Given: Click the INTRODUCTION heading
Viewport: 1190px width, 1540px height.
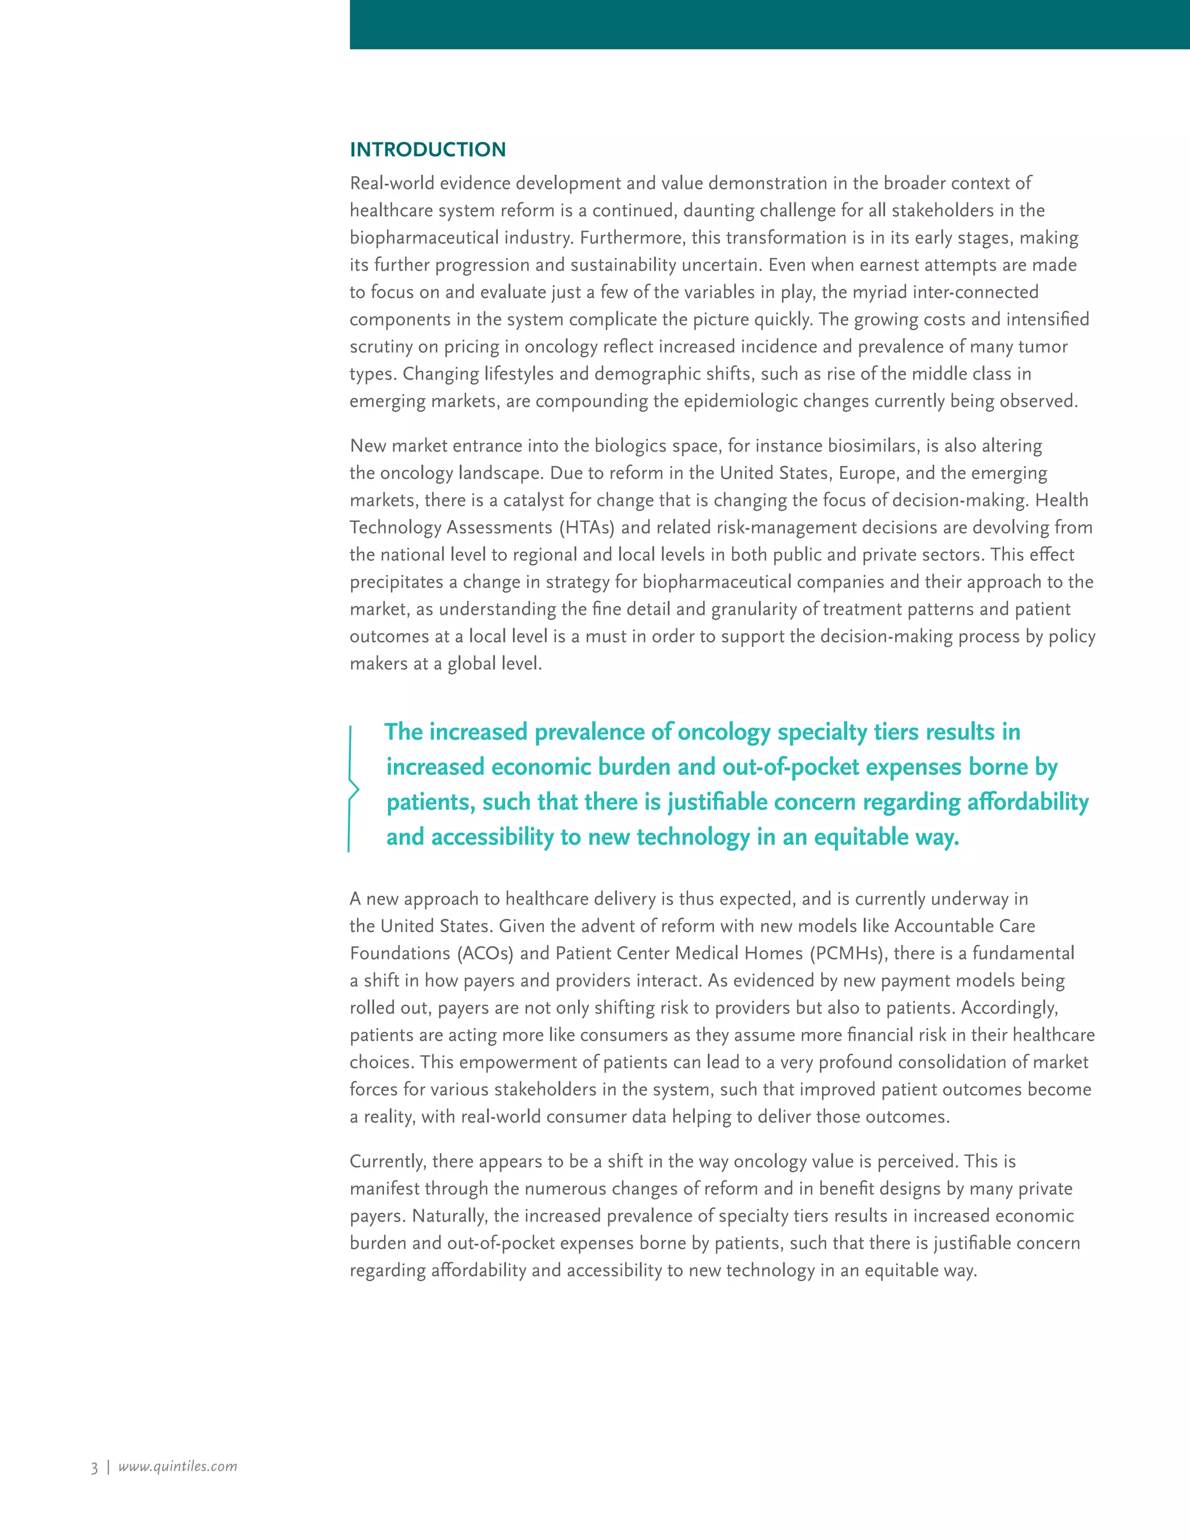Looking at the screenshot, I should point(427,149).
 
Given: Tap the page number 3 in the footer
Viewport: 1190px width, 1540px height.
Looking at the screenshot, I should point(94,1467).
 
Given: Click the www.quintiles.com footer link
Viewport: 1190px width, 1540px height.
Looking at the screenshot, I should point(178,1466).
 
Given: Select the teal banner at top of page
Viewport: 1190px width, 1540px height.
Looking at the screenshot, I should point(769,24).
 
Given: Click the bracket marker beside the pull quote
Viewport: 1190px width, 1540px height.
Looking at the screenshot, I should point(353,789).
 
